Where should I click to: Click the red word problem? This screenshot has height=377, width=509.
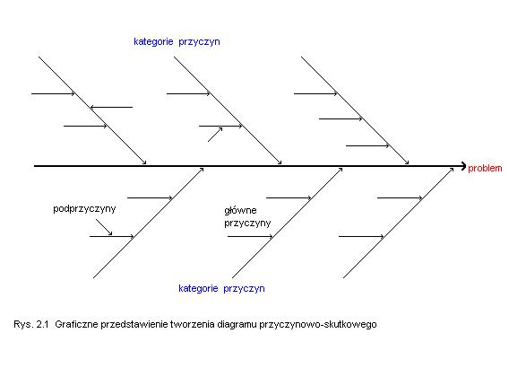tap(485, 168)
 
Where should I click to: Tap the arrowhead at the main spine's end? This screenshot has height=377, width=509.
tap(464, 166)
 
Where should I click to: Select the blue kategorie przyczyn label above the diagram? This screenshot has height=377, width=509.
tap(177, 42)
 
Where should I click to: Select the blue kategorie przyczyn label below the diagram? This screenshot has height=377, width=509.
tap(221, 288)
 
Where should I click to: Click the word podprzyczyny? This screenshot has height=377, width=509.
tap(84, 209)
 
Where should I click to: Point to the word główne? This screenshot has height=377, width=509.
tap(240, 211)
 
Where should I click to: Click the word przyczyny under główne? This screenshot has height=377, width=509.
tap(247, 224)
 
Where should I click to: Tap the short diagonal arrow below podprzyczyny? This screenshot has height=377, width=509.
tap(104, 227)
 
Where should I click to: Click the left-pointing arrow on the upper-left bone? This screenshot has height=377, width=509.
tap(111, 107)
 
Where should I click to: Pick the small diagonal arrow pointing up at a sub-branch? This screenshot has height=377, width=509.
tap(215, 135)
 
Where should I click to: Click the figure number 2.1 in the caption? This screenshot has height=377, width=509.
tap(42, 324)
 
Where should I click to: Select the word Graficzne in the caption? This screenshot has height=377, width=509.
tap(76, 324)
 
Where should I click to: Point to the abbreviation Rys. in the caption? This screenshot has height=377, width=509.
tap(23, 325)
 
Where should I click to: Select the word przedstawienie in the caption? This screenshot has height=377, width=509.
tap(134, 325)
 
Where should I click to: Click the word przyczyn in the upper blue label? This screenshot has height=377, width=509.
tap(199, 42)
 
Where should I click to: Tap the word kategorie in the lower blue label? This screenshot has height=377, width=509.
tap(198, 288)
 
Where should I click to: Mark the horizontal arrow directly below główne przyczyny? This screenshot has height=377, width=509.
tap(250, 236)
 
